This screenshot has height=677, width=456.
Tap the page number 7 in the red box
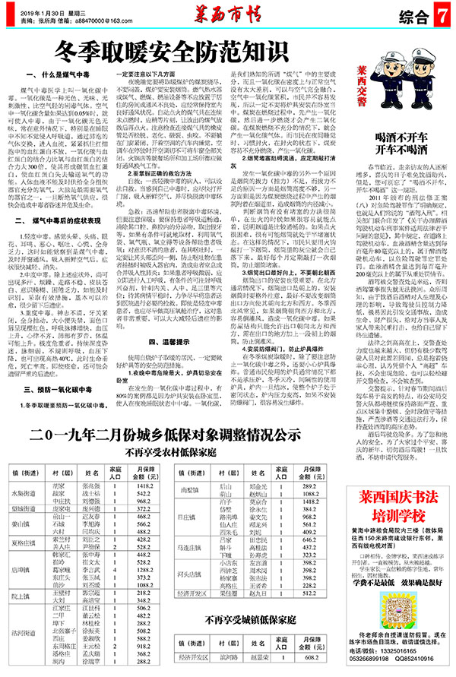coord(441,15)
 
